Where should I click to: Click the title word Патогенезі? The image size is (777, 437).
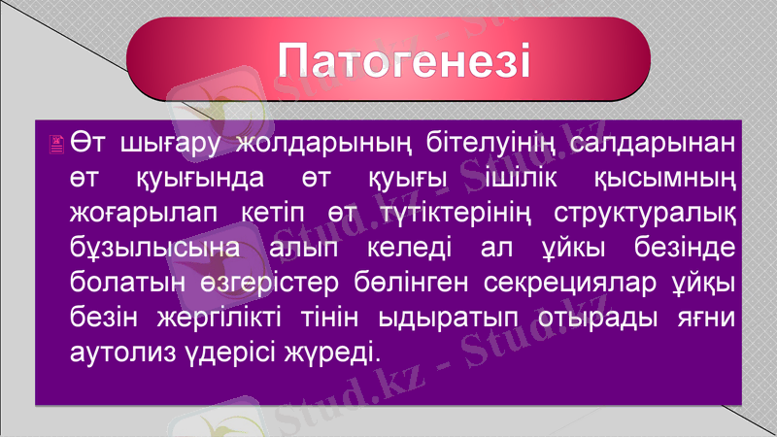point(404,61)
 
